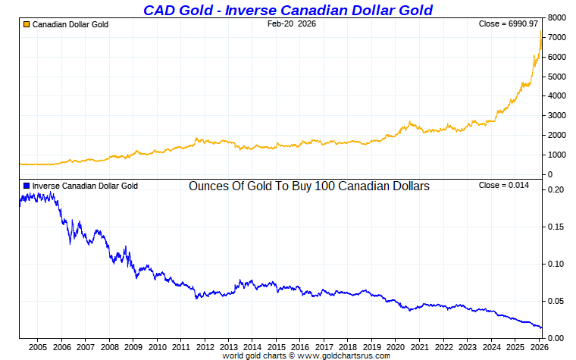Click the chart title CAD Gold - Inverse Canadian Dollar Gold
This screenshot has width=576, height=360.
click(288, 9)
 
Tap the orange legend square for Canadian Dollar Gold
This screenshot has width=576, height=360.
click(27, 24)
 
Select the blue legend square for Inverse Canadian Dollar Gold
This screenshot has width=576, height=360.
click(27, 186)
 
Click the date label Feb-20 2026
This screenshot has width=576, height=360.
click(292, 24)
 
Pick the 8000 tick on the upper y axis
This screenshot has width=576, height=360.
click(557, 17)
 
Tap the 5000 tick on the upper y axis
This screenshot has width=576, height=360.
click(557, 77)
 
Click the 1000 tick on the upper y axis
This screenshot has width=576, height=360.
click(557, 155)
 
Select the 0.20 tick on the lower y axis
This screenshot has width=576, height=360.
click(556, 189)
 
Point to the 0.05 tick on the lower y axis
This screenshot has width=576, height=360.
click(556, 301)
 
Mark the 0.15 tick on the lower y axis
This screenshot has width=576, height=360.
click(556, 227)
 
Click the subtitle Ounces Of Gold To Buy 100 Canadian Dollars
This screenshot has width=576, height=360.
click(309, 186)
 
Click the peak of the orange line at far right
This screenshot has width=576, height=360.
click(541, 32)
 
